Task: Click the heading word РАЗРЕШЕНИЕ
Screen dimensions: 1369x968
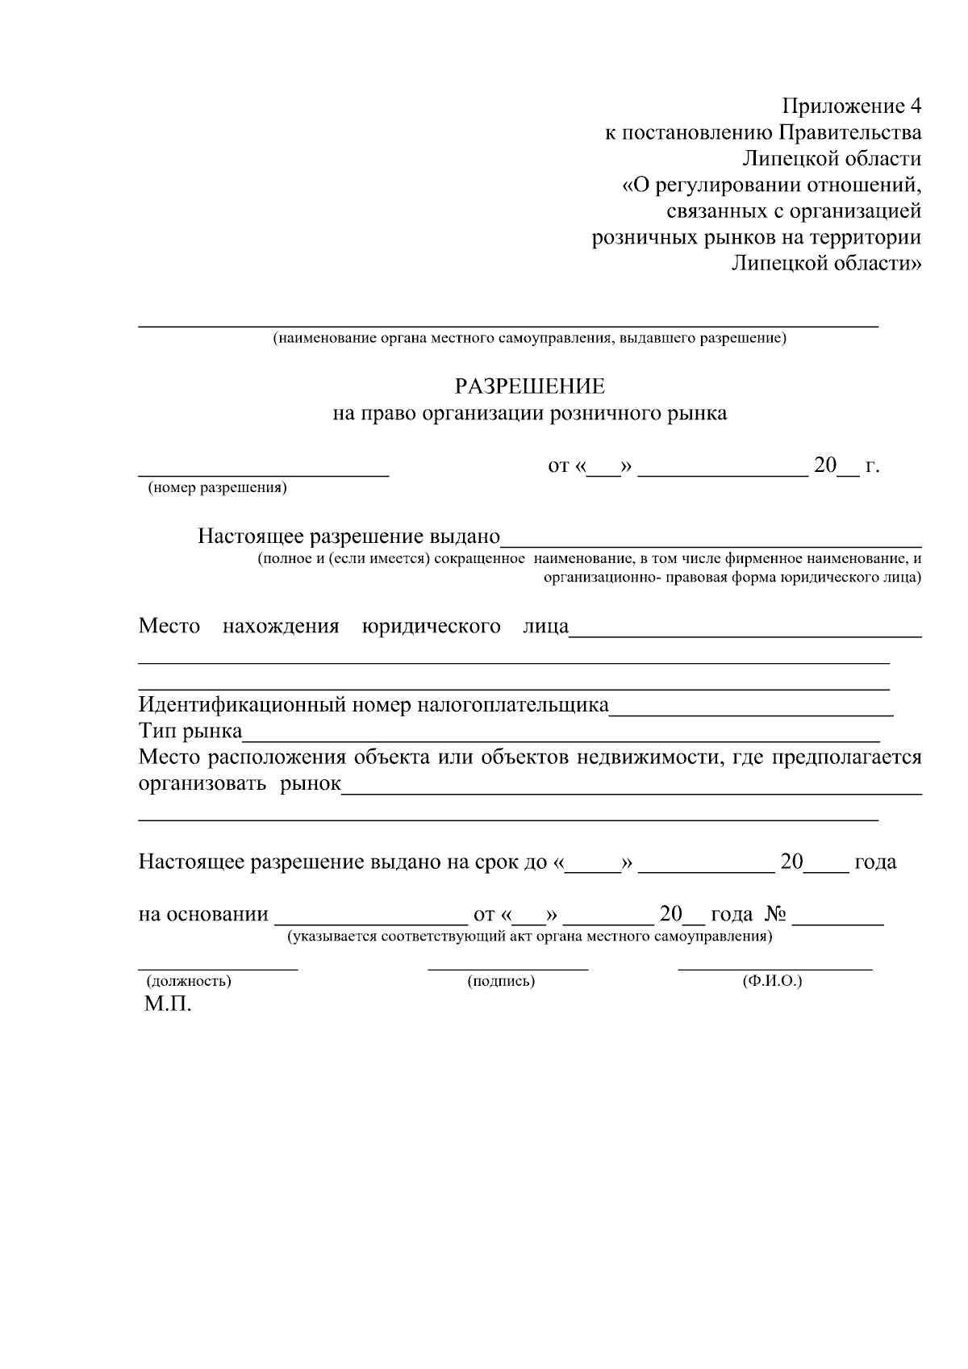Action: (529, 387)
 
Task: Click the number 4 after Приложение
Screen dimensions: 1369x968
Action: (914, 106)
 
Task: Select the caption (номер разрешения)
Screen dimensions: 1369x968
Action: (217, 488)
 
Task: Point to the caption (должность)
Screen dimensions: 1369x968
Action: (189, 981)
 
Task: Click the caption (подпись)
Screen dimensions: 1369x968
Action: (501, 981)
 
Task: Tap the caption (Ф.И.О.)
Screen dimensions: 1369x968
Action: (772, 981)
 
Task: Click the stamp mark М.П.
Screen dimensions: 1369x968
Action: (169, 1005)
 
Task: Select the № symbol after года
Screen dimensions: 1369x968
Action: (775, 915)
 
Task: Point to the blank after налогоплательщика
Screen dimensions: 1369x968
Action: (751, 714)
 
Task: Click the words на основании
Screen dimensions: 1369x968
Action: (203, 915)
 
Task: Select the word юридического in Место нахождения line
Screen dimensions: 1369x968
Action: (432, 627)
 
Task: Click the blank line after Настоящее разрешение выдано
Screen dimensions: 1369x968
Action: (711, 545)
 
